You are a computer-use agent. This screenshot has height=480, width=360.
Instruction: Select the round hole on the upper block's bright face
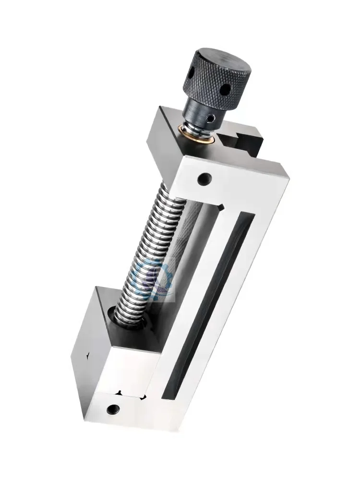click(205, 179)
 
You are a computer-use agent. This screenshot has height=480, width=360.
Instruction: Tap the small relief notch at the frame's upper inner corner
click(220, 207)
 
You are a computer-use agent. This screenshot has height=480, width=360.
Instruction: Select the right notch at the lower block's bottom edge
click(142, 396)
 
